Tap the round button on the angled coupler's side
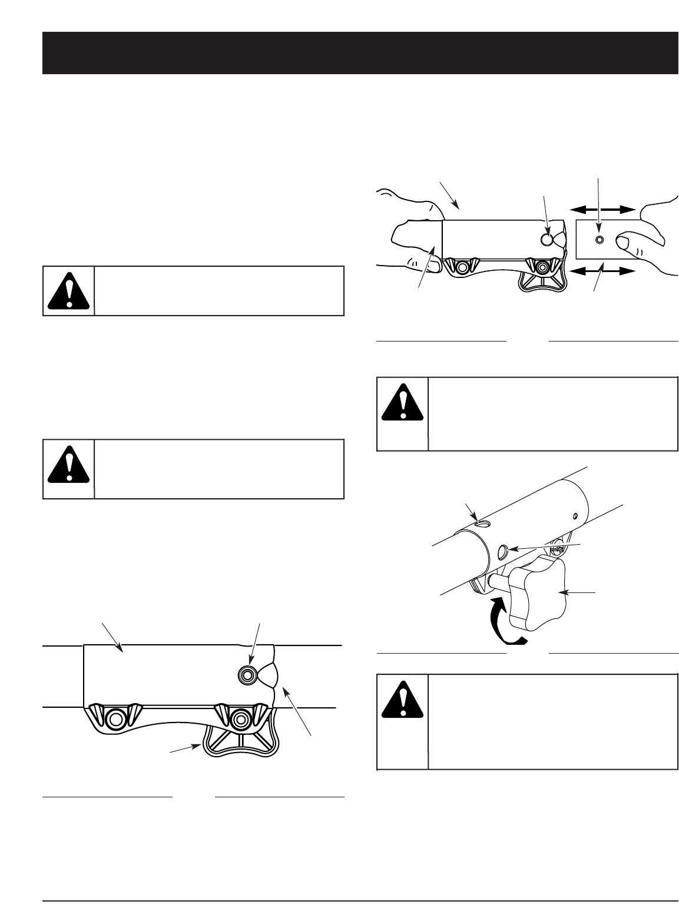(502, 551)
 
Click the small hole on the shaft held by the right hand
(599, 240)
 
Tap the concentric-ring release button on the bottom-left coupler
(247, 674)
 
